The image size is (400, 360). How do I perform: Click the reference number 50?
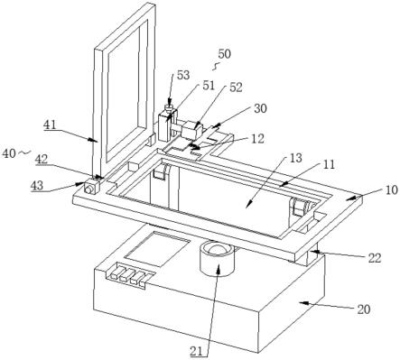[x=225, y=54]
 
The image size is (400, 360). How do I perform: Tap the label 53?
[x=183, y=75]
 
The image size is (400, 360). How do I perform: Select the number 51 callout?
[x=209, y=85]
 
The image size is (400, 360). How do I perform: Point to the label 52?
[x=236, y=88]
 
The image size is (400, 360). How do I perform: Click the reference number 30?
[x=260, y=108]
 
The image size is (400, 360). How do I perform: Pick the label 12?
[x=258, y=139]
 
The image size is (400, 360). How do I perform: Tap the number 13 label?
[x=295, y=158]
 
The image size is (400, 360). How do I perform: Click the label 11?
[x=329, y=164]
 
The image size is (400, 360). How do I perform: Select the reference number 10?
[x=392, y=190]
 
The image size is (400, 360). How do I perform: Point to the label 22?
[x=375, y=258]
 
